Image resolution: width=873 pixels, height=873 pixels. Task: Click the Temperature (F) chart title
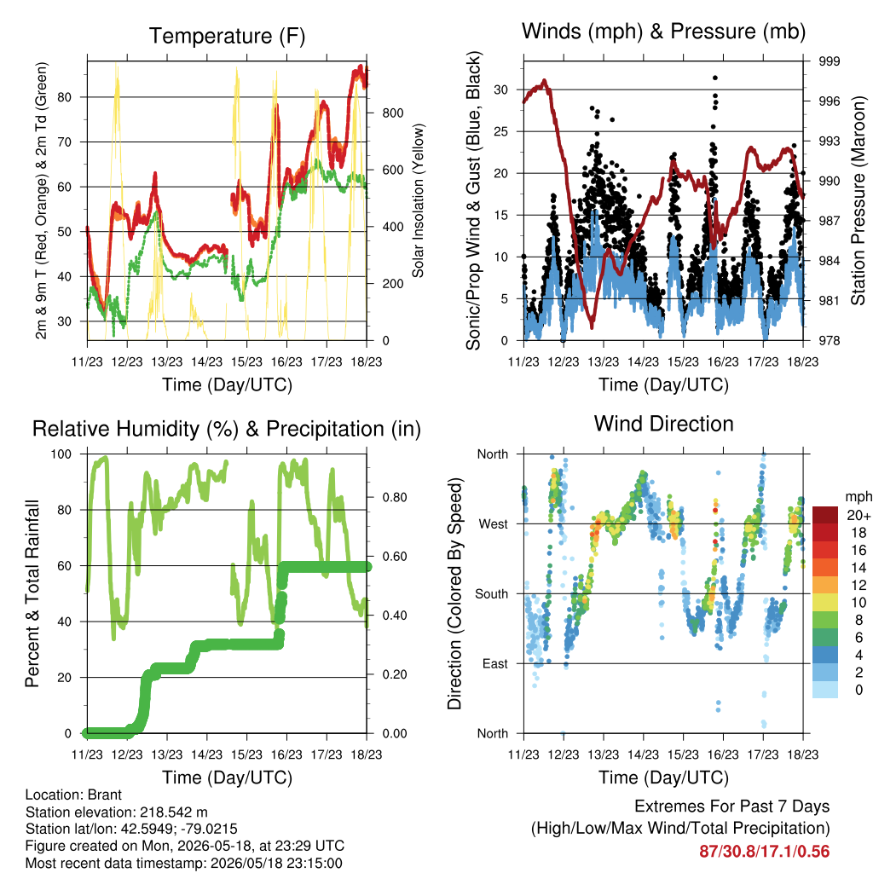pos(227,36)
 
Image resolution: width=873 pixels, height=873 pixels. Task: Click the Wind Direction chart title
pos(663,424)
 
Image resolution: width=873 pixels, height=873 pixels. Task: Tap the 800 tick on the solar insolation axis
pos(392,113)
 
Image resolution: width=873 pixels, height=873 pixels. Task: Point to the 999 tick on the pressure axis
pos(829,61)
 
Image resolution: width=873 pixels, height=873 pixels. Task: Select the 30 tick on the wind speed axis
pos(501,90)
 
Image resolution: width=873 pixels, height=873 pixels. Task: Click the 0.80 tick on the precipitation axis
pos(395,497)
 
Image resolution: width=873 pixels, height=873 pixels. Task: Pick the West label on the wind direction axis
pos(494,524)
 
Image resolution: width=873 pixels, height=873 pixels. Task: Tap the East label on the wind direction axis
pos(495,663)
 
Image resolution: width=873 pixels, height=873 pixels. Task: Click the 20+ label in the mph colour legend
pos(859,515)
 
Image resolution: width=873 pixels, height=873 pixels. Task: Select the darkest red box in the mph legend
pos(825,515)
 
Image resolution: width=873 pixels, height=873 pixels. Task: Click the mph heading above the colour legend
pos(859,497)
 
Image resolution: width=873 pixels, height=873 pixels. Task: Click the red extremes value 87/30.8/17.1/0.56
pos(765,852)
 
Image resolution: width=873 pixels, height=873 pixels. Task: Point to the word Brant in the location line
pos(105,795)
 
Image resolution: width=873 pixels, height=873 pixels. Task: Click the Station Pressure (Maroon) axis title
pos(858,200)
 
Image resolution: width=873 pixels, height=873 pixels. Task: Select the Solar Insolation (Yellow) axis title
pos(418,200)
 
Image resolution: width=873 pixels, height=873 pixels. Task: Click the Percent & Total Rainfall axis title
pos(32,593)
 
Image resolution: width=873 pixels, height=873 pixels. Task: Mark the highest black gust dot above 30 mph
pos(715,78)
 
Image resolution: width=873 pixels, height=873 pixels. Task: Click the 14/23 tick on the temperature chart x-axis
pos(206,361)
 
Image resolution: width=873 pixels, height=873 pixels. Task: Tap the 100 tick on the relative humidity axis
pos(61,454)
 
